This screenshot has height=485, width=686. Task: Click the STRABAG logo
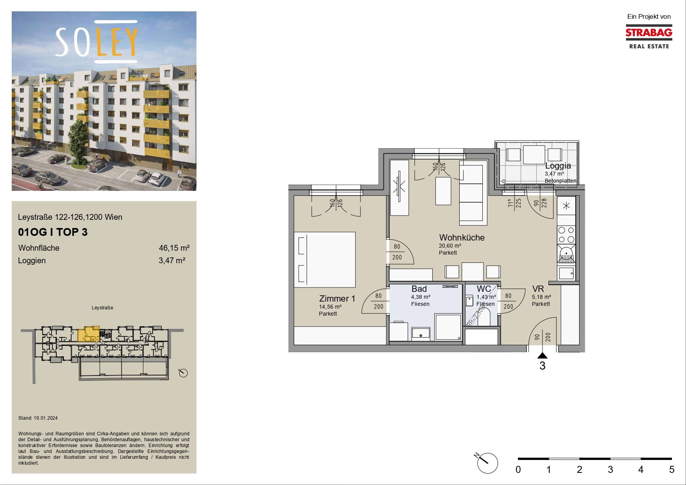pos(649,37)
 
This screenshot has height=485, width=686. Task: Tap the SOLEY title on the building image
pos(97,42)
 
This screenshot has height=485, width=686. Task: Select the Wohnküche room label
pos(462,237)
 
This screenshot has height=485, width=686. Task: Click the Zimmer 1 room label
pos(337,298)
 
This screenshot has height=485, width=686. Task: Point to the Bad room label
pos(419,289)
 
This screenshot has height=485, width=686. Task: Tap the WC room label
pos(484,289)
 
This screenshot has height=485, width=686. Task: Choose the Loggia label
pos(558,165)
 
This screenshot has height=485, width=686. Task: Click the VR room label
pos(538,289)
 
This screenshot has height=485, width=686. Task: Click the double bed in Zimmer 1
pos(325,260)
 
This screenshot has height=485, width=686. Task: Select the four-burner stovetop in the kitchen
pos(566,235)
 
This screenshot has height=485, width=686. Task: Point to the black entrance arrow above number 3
pos(542,356)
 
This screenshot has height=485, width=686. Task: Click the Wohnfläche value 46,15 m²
pos(174,248)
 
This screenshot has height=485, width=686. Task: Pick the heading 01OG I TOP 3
pos(53,232)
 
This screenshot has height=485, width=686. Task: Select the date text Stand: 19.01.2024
pos(38,418)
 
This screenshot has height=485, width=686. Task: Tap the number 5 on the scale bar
pos(672,469)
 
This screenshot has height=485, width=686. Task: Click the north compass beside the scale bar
pos(487,463)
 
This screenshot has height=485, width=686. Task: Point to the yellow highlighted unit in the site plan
pos(89,334)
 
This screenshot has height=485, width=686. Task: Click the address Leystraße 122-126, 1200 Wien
pos(70,217)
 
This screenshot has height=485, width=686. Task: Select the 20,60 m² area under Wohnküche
pos(450,246)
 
